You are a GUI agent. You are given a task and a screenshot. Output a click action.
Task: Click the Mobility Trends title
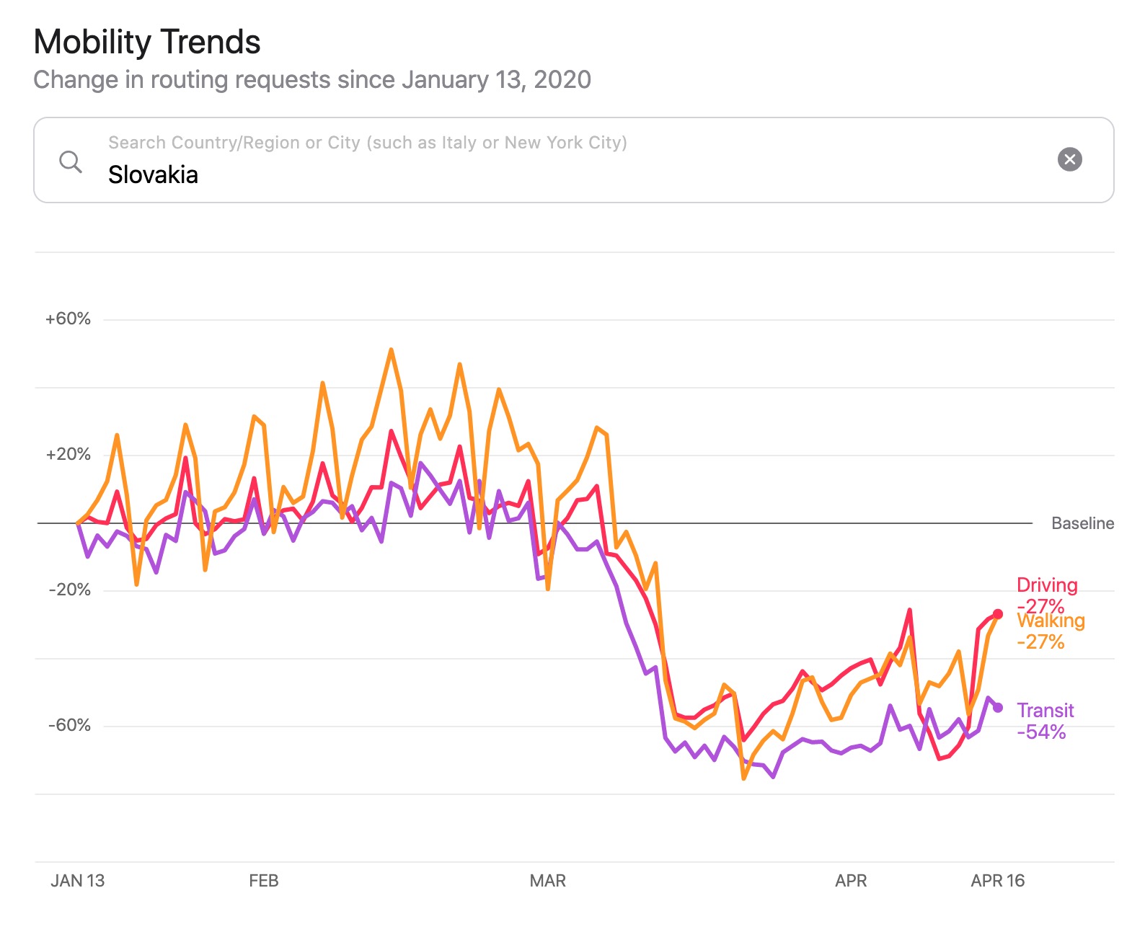(x=147, y=42)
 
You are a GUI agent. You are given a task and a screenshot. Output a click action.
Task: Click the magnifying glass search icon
(x=70, y=161)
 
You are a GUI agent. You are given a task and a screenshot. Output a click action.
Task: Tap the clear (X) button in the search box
(x=1069, y=159)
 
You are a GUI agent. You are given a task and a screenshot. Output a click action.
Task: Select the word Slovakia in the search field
(x=153, y=174)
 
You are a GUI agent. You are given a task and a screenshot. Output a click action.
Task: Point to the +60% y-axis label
(x=68, y=319)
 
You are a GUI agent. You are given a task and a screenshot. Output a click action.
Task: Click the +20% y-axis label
(x=68, y=455)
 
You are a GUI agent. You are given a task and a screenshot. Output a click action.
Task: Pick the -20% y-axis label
(x=69, y=590)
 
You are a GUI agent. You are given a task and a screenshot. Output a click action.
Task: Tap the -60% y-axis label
(x=69, y=726)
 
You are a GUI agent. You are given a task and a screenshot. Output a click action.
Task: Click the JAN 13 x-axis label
(x=77, y=881)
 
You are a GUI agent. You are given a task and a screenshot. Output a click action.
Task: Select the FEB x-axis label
(x=263, y=881)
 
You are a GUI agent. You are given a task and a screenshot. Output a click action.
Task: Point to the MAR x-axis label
(x=547, y=881)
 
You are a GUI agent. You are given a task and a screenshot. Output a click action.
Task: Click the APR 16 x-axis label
(x=997, y=881)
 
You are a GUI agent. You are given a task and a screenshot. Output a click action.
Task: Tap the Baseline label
(x=1082, y=523)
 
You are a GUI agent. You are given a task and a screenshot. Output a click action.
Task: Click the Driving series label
(x=1047, y=585)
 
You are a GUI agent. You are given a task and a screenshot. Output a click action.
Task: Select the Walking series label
(x=1051, y=621)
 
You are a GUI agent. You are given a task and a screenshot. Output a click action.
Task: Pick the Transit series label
(x=1045, y=711)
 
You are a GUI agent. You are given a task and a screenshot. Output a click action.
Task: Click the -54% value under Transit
(x=1041, y=732)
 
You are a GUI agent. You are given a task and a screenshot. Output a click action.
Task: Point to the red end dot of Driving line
(x=998, y=614)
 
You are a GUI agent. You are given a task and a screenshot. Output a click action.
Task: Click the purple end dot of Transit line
(x=998, y=708)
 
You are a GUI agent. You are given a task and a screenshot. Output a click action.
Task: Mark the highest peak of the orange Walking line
(x=391, y=350)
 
